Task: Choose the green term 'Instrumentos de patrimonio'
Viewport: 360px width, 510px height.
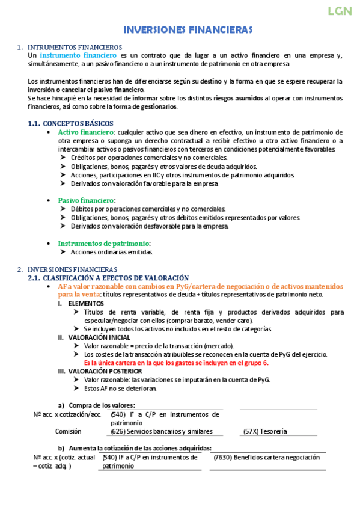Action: (103, 243)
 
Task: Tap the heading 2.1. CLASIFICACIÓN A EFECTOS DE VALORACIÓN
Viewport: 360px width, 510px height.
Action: (109, 278)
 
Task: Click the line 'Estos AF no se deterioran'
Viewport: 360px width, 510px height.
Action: (120, 389)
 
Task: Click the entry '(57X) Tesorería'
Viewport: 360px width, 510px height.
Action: (265, 431)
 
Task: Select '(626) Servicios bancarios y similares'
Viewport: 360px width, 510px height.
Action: (162, 431)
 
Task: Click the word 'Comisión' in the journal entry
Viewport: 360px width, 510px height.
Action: (69, 431)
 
